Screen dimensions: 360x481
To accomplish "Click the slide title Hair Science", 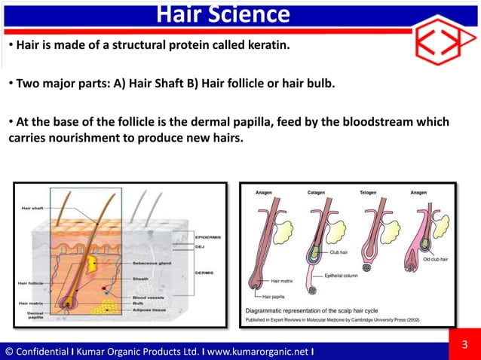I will point(223,14).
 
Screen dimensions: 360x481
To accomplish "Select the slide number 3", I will point(464,346).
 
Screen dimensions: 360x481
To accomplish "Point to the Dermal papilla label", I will point(35,314).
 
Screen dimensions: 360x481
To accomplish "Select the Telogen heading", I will point(369,193).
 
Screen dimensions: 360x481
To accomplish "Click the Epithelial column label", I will point(345,275).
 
